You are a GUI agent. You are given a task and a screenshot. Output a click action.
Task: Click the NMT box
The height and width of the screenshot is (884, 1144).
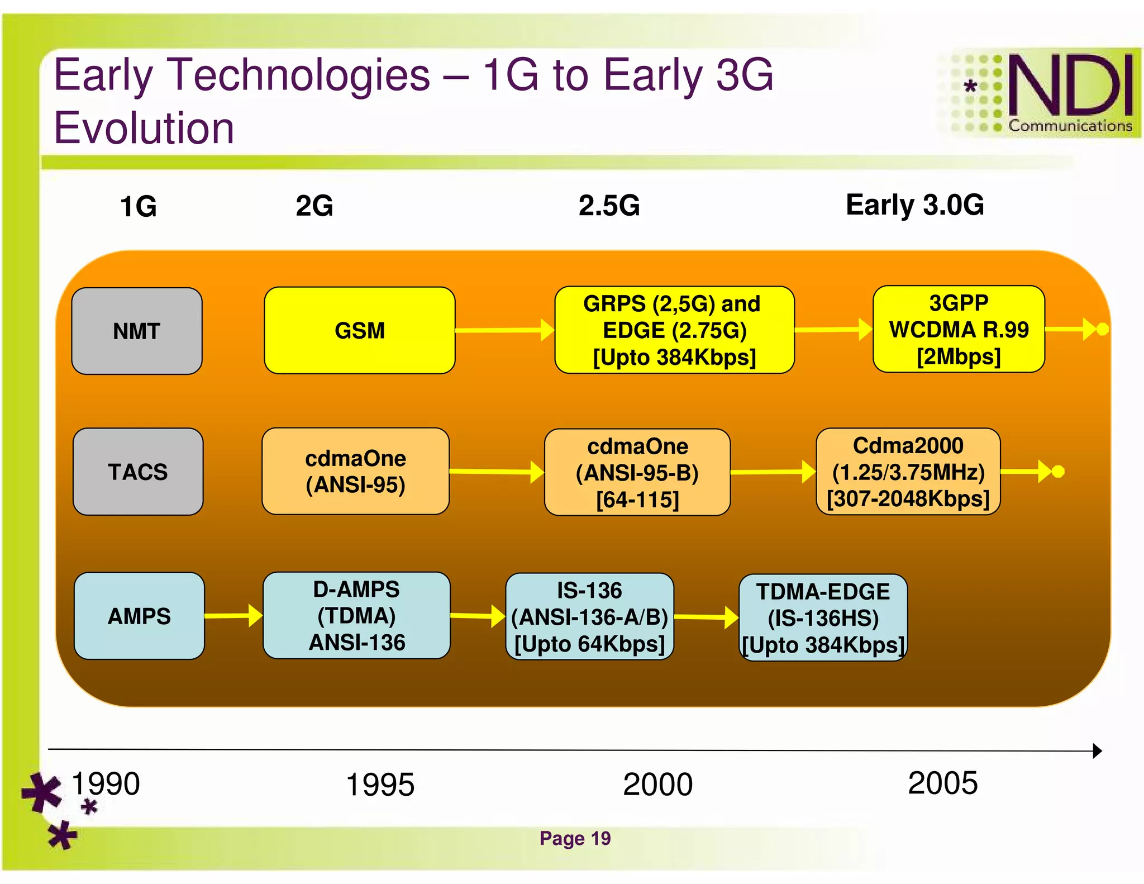coord(137,331)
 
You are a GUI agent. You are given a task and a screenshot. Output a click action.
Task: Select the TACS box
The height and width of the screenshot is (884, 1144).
coord(138,472)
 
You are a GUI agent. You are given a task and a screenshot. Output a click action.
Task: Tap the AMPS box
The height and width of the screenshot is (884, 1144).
coord(139,616)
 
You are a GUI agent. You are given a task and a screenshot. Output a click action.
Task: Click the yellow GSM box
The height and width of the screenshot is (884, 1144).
coord(359,330)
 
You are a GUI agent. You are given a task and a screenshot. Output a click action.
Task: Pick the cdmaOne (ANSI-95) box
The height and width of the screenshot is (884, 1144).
coord(355,471)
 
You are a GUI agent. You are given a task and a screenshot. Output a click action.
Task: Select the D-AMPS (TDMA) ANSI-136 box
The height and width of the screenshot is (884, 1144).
coord(356,615)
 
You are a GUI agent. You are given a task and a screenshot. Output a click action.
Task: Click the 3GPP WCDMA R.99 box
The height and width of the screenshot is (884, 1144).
coord(959,329)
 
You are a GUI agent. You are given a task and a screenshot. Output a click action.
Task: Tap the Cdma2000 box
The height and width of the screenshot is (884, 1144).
coord(908,472)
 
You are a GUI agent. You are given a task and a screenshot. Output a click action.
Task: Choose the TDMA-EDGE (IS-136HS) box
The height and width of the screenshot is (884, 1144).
coord(823,618)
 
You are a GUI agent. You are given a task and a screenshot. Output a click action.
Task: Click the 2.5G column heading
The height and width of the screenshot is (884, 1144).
coord(609,206)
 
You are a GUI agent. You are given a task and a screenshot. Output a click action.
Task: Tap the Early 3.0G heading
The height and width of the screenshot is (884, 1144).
coord(914,205)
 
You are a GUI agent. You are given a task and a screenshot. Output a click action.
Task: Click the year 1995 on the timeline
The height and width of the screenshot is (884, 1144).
coord(380,785)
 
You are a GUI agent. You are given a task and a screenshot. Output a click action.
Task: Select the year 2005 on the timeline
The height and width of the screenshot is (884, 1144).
coord(942,783)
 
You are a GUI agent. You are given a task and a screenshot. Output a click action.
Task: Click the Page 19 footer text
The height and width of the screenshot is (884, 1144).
coord(575,838)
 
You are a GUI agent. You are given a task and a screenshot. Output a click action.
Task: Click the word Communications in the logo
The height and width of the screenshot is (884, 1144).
coord(1070,126)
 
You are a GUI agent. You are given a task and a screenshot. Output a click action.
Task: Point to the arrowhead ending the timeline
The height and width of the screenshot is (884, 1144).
coord(1097,750)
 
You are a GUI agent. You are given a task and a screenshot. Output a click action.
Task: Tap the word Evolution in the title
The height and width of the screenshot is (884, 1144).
coord(144,128)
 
